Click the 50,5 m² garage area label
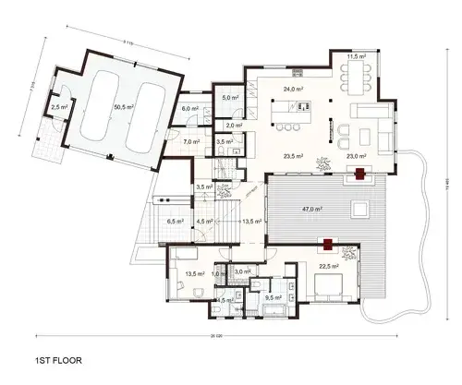coord(122,107)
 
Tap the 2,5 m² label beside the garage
coord(60,108)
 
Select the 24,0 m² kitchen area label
coord(294,89)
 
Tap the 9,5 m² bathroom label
coord(274,297)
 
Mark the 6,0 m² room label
coord(190,108)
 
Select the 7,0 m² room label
coord(191,142)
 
